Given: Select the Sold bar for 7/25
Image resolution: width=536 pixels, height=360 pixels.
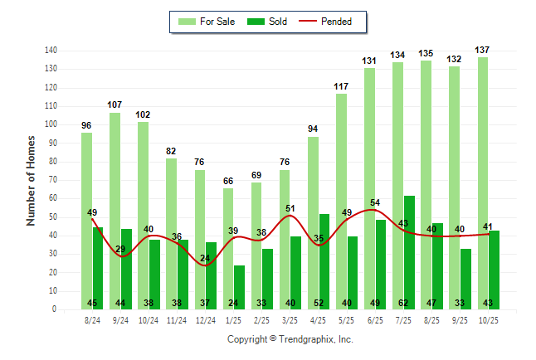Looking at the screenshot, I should pos(410,249).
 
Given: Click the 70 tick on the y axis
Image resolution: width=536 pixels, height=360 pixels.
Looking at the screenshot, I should pos(51,180).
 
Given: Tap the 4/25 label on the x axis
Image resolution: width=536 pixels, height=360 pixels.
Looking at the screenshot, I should pos(319,319).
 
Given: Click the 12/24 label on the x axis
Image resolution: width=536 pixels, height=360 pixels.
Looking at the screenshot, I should pos(205,319).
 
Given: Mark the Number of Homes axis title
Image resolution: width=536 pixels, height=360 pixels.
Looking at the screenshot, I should pos(32,180).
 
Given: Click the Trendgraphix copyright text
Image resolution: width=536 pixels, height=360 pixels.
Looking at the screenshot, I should pos(290,339).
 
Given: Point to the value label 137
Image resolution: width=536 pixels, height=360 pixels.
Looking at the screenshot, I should pos(483,51).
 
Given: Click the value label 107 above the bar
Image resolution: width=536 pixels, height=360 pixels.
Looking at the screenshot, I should pos(115,105).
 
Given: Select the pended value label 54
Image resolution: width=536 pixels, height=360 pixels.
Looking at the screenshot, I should pos(375,202).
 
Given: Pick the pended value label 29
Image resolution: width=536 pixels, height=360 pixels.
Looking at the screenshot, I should pos(120,249).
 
